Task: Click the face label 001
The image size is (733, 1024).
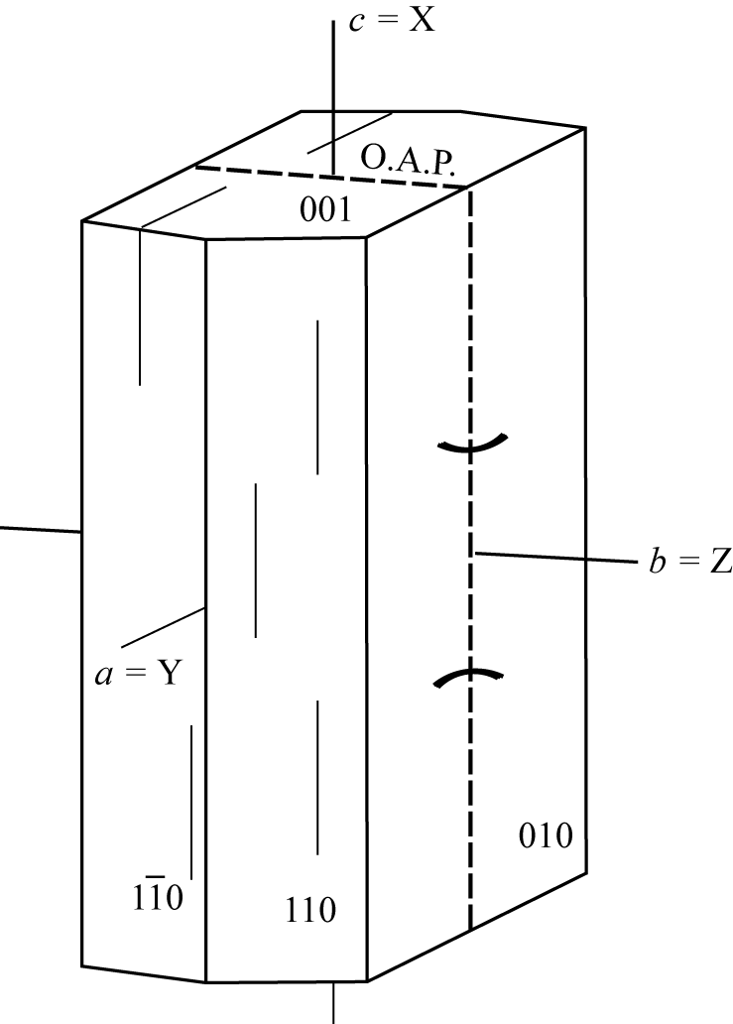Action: click(325, 210)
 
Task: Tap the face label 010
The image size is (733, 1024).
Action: click(546, 835)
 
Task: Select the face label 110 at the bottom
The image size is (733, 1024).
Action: click(310, 910)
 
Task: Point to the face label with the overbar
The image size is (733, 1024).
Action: click(158, 894)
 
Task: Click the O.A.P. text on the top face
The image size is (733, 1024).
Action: click(408, 160)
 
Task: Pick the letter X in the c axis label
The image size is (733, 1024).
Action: click(422, 20)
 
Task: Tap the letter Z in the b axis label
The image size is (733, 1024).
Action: click(720, 561)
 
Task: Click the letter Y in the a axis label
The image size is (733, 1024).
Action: click(169, 673)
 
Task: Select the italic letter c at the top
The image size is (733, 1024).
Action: click(356, 22)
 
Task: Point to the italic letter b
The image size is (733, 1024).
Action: click(657, 561)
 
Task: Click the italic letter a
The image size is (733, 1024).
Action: click(103, 676)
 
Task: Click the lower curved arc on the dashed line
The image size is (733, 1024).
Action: click(468, 674)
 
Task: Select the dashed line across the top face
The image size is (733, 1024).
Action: click(331, 177)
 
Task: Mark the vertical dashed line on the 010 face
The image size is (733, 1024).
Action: click(470, 559)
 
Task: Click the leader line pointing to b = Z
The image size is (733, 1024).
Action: click(556, 558)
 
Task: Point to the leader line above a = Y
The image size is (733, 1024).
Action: click(164, 627)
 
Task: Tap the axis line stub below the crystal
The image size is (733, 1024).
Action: click(334, 1002)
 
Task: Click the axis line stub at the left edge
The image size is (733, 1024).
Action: click(41, 530)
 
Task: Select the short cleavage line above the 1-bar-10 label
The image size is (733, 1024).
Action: click(191, 802)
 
